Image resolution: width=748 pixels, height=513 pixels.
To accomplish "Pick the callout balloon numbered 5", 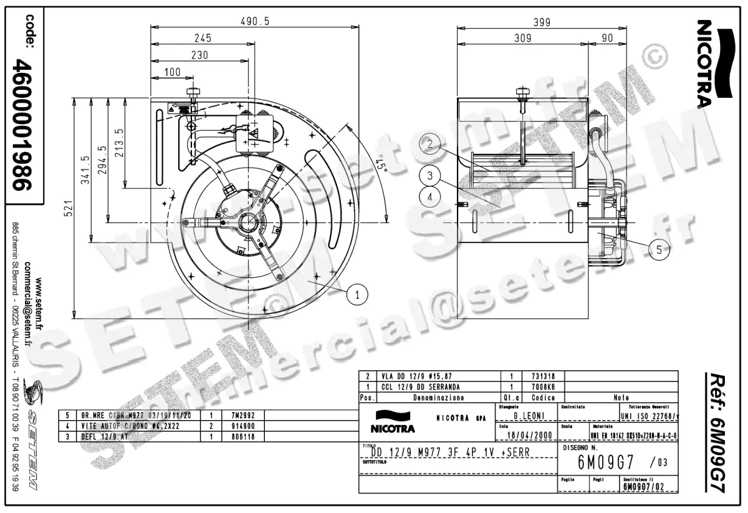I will [x=659, y=250].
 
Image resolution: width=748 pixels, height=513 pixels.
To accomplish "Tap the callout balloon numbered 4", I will [x=429, y=196].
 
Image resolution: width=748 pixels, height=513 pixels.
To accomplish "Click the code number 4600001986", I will [x=25, y=125].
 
